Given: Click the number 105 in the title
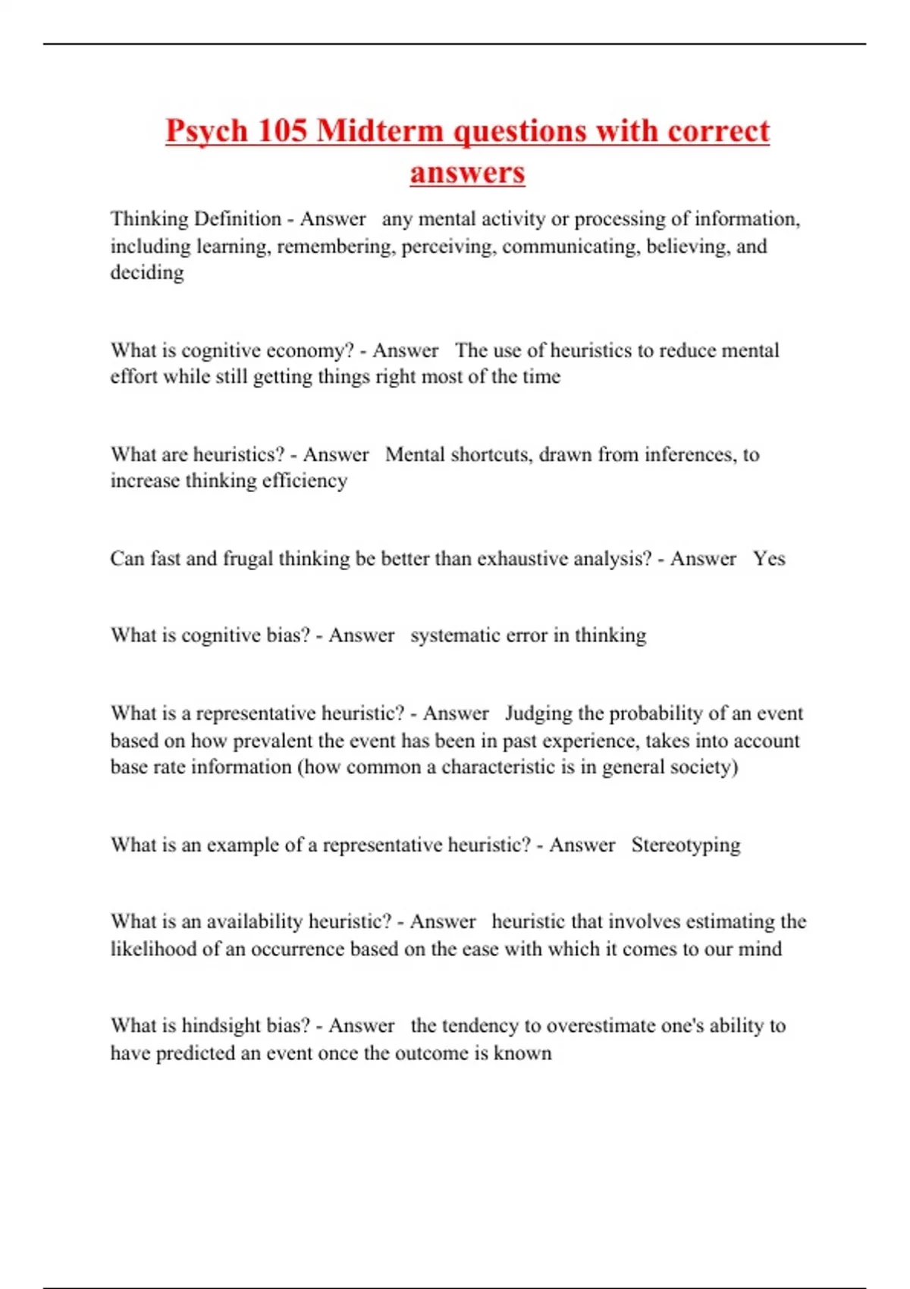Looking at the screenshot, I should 281,130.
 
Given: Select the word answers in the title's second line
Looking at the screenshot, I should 467,172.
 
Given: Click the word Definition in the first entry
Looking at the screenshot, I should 238,219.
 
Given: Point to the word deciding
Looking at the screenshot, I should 147,272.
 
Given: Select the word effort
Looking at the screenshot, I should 133,377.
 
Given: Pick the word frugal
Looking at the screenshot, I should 248,559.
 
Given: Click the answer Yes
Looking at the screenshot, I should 769,559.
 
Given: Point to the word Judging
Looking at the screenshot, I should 538,713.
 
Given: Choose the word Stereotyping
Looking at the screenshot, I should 686,845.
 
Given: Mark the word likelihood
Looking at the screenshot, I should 153,949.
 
